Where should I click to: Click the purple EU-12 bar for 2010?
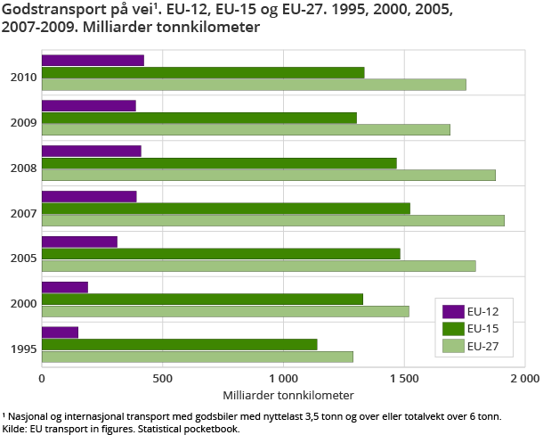pyautogui.click(x=93, y=61)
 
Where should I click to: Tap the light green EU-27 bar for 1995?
pyautogui.click(x=197, y=357)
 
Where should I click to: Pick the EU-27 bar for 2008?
pyautogui.click(x=268, y=175)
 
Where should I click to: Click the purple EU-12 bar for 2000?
pyautogui.click(x=65, y=287)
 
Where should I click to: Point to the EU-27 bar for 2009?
pyautogui.click(x=246, y=129)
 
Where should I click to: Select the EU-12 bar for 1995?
pyautogui.click(x=60, y=332)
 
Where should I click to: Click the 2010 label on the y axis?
pyautogui.click(x=23, y=78)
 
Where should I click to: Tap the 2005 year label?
pyautogui.click(x=23, y=259)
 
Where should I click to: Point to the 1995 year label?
pyautogui.click(x=23, y=349)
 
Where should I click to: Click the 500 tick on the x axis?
pyautogui.click(x=162, y=378)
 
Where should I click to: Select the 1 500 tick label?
pyautogui.click(x=403, y=378)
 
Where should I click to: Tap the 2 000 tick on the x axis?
pyautogui.click(x=523, y=378)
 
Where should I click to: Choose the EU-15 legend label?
pyautogui.click(x=483, y=329)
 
